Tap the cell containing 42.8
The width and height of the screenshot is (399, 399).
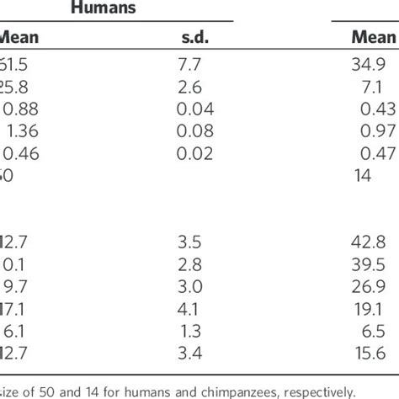click(x=378, y=244)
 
